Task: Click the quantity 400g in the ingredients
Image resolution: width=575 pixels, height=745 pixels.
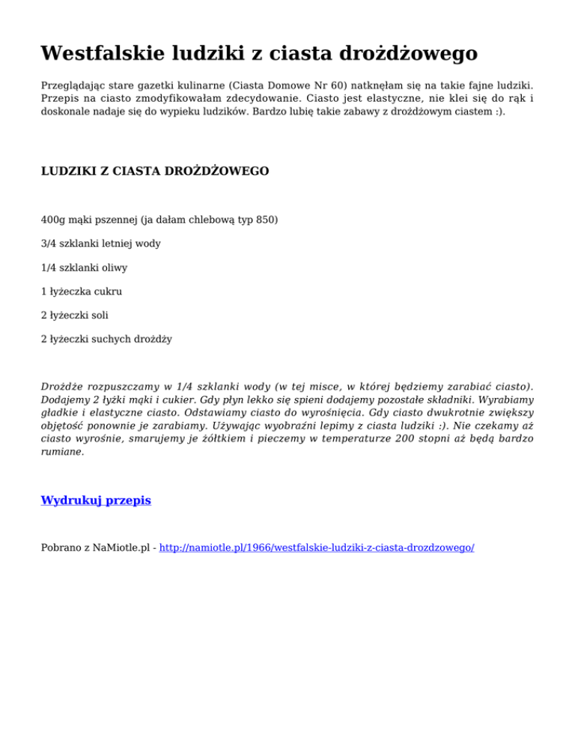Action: pos(52,220)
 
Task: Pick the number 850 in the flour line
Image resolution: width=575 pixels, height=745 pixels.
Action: pos(267,220)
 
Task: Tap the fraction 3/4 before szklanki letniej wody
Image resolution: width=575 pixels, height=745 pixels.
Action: pos(49,244)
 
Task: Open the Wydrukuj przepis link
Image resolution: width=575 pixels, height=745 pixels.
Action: pos(96,500)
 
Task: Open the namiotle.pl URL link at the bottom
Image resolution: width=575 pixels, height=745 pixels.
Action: pos(317,548)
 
